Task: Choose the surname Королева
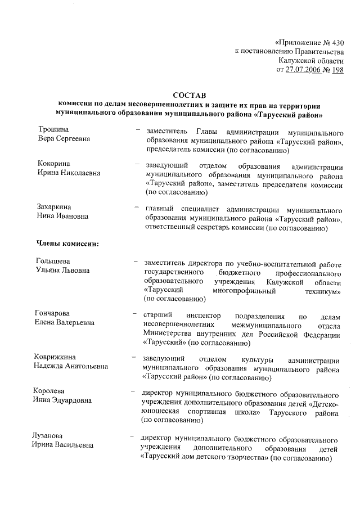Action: (56, 391)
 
